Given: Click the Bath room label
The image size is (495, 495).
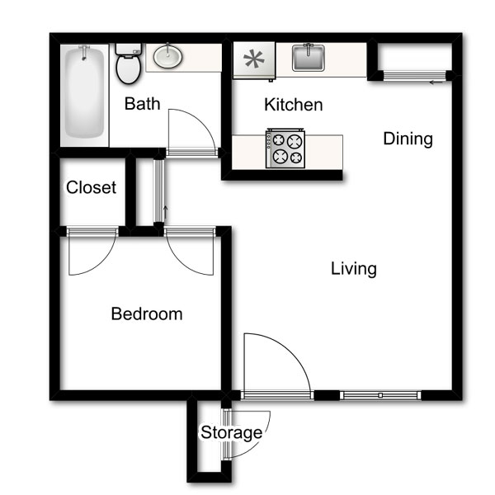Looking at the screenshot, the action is (x=143, y=104).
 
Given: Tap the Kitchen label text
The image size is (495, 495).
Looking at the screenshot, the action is (x=294, y=105).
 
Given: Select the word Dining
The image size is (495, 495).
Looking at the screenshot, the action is (x=408, y=139).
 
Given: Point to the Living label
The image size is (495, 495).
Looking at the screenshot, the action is (x=354, y=269).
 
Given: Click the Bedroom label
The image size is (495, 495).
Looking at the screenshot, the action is (x=147, y=313).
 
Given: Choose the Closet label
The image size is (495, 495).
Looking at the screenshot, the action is (x=92, y=187).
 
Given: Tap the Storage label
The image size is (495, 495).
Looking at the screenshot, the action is (x=231, y=433).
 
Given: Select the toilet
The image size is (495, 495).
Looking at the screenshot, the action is (x=128, y=64).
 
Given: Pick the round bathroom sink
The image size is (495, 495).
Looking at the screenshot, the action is (x=167, y=57).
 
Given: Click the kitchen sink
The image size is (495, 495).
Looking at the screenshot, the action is (x=308, y=58).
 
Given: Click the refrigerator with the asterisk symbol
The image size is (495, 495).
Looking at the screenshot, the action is (x=254, y=60).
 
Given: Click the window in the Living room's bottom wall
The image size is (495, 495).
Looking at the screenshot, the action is (x=380, y=395).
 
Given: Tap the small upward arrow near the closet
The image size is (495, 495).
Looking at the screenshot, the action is (x=165, y=213).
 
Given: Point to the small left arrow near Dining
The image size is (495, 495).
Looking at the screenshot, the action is (x=436, y=82).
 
